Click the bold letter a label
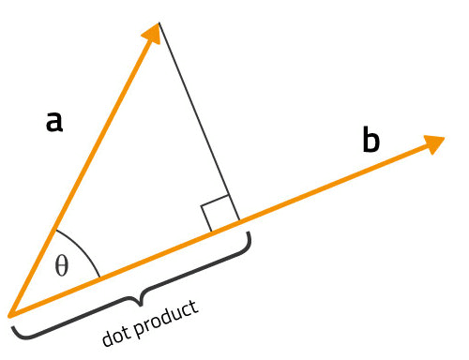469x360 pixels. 54,121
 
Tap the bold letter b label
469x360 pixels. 371,142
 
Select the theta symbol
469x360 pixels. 62,266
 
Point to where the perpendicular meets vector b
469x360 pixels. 239,222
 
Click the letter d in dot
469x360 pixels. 108,336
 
